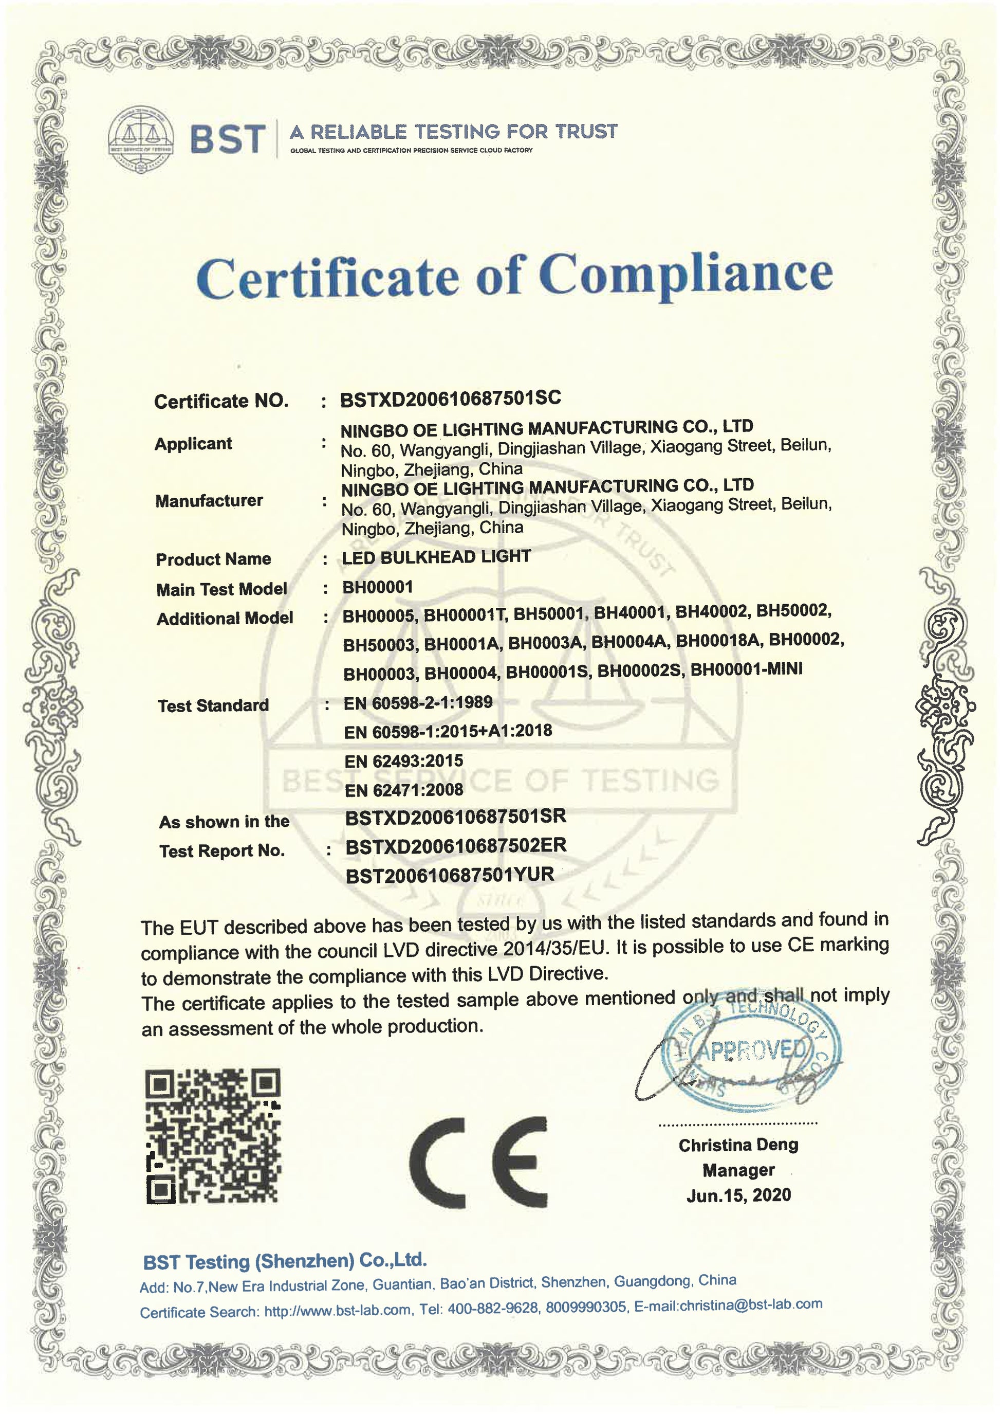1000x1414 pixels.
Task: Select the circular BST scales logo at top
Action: pyautogui.click(x=141, y=139)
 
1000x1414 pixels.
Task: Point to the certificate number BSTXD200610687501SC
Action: pyautogui.click(x=450, y=398)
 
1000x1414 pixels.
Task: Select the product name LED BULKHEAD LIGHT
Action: pyautogui.click(x=436, y=557)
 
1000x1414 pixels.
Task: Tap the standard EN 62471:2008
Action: pyautogui.click(x=403, y=790)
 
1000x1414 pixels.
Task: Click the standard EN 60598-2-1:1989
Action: pyautogui.click(x=417, y=702)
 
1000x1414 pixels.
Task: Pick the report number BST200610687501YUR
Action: pyautogui.click(x=450, y=876)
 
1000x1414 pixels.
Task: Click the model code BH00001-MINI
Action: pyautogui.click(x=746, y=669)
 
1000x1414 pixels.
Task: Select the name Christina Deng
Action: pyautogui.click(x=738, y=1145)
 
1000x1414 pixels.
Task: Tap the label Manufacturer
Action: pyautogui.click(x=209, y=501)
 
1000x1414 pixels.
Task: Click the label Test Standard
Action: pyautogui.click(x=213, y=705)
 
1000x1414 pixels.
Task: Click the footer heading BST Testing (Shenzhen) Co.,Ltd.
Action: pyautogui.click(x=285, y=1261)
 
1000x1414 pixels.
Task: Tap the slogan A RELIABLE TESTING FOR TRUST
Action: pyautogui.click(x=453, y=132)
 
